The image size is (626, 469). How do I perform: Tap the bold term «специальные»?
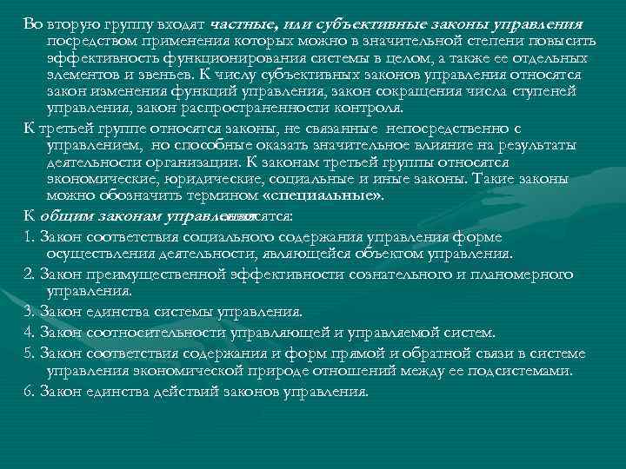(335, 196)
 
